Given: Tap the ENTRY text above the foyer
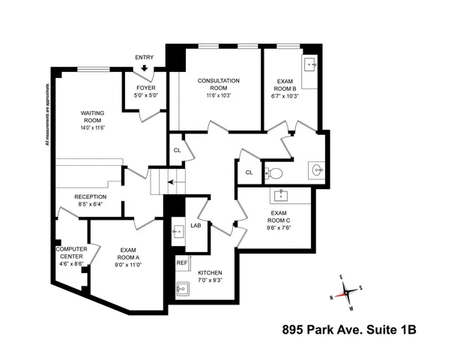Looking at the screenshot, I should pos(144,57).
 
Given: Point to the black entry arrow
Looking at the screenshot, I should pos(144,68).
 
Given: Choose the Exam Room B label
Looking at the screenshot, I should pos(285,88).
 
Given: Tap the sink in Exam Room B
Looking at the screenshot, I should pos(310,64).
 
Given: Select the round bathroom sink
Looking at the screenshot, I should pos(318,170).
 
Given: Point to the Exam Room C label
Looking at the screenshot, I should pos(279,217).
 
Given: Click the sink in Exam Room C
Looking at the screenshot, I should pos(284,196).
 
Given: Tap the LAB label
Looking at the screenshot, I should pos(196,225).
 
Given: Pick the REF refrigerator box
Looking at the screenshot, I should pos(182,263).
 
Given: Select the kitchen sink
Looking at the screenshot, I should pos(181,287).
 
